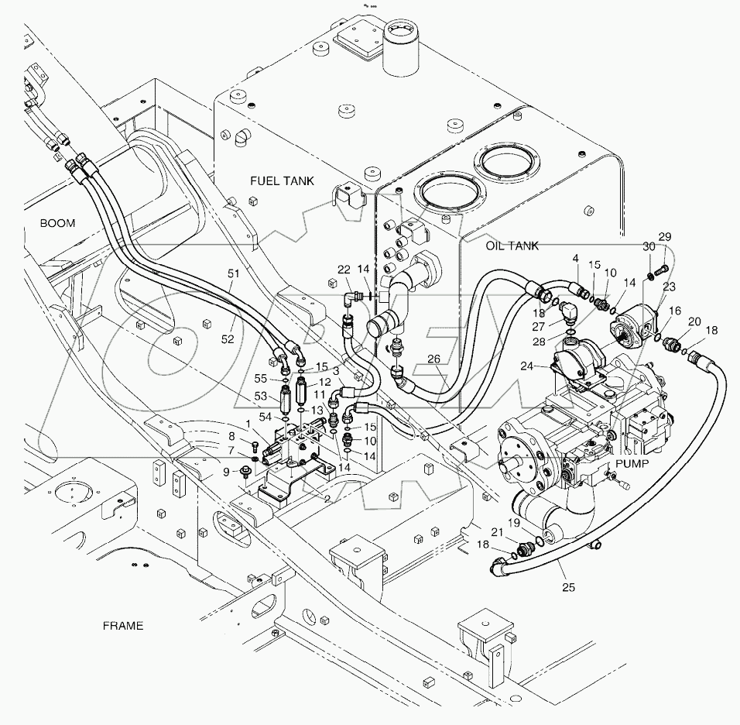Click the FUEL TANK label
(282, 180)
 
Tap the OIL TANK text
(512, 246)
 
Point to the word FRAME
(122, 625)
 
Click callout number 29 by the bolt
(664, 236)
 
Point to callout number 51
(233, 273)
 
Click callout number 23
(667, 287)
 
